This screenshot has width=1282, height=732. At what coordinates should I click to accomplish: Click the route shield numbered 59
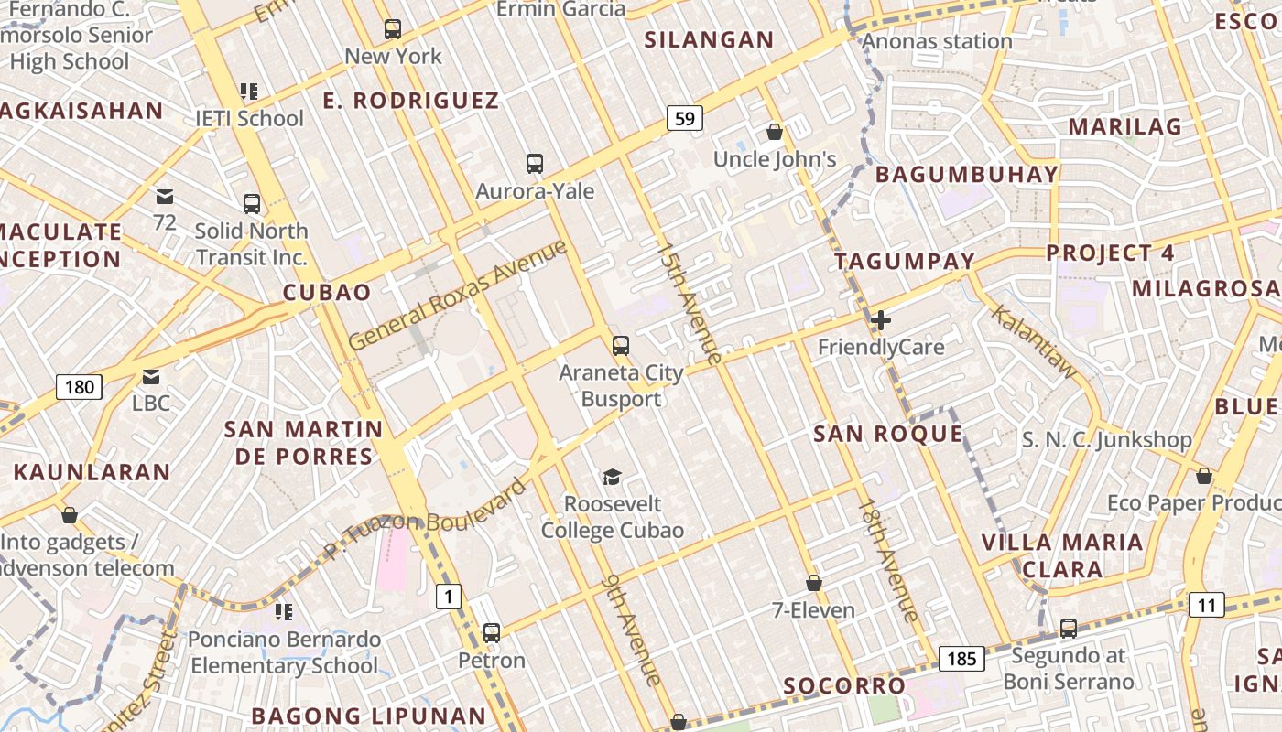click(685, 117)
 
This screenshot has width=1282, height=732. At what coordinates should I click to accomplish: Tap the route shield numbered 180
click(80, 387)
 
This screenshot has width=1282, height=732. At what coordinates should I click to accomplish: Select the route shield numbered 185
click(961, 658)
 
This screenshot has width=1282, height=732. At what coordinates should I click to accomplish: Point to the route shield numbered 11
click(1207, 605)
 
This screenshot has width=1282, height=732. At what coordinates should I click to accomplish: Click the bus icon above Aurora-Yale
click(535, 164)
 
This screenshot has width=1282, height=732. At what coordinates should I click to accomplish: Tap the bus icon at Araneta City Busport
click(621, 345)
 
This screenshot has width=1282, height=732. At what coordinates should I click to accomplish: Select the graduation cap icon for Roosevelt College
click(612, 477)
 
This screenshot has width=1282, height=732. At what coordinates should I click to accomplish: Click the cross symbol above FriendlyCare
click(881, 320)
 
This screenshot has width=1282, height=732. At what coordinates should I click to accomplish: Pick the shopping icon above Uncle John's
click(775, 132)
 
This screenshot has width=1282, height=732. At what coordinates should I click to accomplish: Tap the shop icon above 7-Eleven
click(813, 583)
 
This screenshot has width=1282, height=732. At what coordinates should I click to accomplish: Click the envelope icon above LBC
click(151, 376)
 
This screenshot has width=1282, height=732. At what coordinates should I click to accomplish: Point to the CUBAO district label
click(327, 293)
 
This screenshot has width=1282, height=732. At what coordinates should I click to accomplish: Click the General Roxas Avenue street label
click(458, 295)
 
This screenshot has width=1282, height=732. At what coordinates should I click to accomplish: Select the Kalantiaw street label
click(1035, 341)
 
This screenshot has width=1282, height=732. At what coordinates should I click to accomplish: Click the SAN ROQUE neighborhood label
click(888, 434)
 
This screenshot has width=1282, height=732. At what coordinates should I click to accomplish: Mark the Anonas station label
click(937, 41)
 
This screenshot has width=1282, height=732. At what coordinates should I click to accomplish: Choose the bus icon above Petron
click(492, 632)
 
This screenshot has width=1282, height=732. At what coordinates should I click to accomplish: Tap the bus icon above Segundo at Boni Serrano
click(1069, 629)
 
